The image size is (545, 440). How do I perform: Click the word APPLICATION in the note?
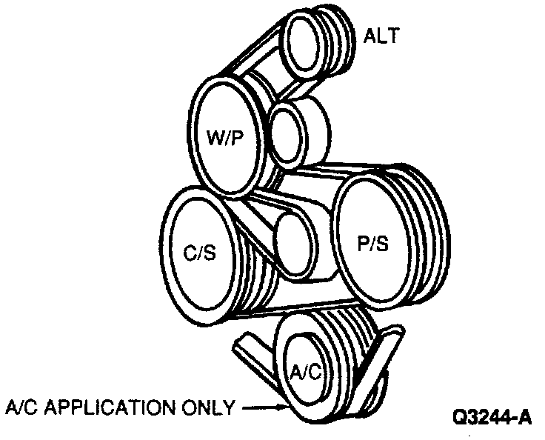121,407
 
